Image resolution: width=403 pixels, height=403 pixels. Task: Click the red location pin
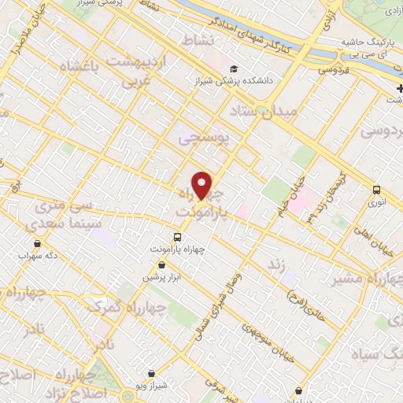point(202,185)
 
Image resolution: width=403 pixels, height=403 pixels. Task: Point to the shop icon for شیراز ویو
point(152,374)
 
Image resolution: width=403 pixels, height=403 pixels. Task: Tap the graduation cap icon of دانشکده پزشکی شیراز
point(233,68)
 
